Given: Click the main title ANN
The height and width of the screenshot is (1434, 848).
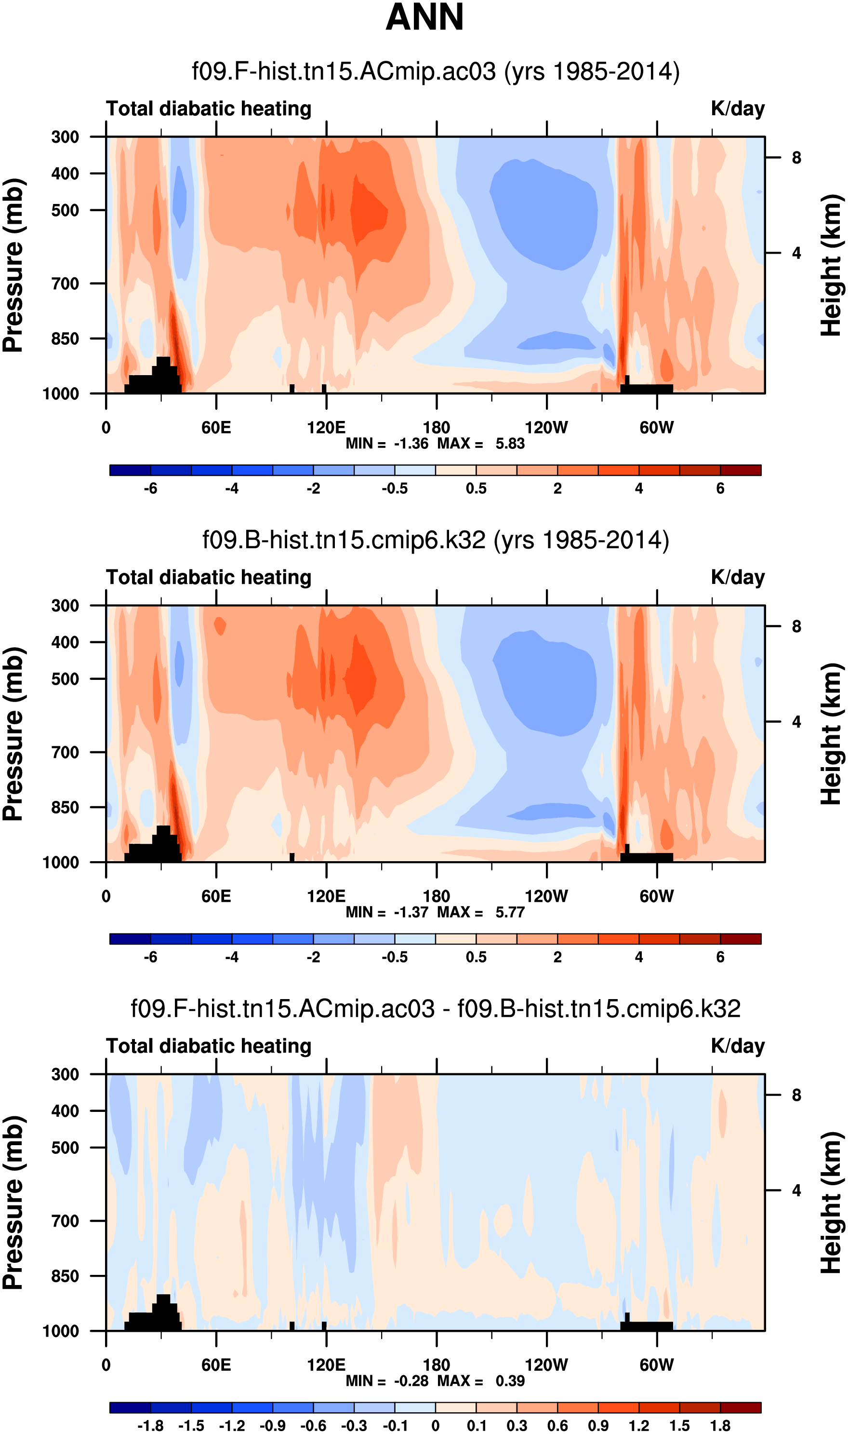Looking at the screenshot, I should pos(424,17).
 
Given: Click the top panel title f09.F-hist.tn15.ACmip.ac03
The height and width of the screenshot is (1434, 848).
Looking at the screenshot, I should pos(436,71).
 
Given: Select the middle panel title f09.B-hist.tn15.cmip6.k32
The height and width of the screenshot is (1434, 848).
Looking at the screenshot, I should pos(436,540).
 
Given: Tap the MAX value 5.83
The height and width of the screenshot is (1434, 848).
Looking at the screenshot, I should pos(510,444).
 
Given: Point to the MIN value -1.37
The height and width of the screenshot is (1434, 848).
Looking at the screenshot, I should pos(411,912).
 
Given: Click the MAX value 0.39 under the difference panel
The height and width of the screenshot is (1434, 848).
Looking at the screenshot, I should pos(510,1381).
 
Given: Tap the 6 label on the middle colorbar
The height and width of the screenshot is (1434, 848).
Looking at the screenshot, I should pos(720,957).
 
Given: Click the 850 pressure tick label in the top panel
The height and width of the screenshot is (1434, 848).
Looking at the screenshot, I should pos(65,338).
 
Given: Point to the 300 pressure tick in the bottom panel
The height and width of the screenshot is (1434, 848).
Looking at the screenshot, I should pos(65,1074).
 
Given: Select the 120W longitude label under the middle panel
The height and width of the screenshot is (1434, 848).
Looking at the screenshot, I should pos(546,896).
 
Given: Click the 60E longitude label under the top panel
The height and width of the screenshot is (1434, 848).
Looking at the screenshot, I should pos(216,427).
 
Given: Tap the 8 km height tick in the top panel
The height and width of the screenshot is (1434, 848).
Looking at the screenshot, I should pos(796,158).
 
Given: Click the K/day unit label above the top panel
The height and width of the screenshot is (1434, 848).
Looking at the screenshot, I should pos(737,108).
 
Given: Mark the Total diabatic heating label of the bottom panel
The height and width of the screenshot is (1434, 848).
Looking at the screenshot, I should pos(209,1046).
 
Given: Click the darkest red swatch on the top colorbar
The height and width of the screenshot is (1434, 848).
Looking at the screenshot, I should pos(741,470).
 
